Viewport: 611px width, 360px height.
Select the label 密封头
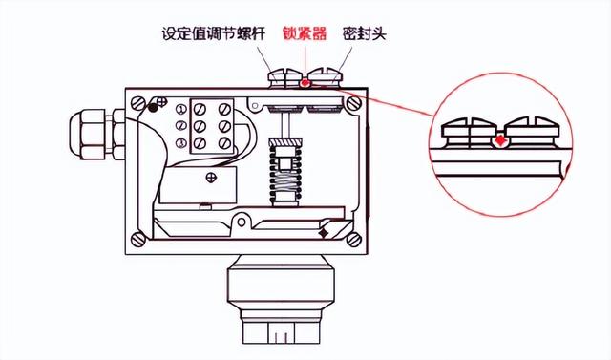366,33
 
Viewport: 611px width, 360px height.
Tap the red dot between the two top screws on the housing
305,82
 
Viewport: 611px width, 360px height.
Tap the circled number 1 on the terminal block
181,107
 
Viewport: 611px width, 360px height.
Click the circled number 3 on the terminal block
181,142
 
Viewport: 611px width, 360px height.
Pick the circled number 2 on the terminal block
181,124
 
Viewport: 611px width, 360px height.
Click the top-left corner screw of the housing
142,99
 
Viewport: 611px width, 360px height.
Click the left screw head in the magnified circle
473,129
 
